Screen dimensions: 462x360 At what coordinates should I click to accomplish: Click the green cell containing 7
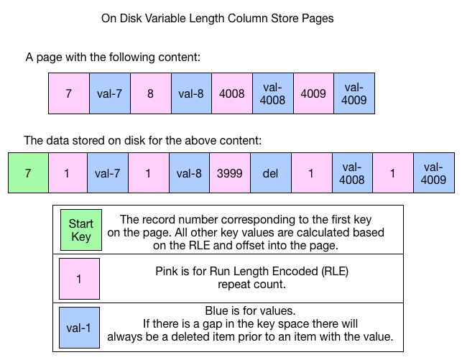(28, 172)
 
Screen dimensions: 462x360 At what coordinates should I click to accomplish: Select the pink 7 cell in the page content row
(68, 93)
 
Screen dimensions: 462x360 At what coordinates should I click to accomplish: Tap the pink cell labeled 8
(150, 93)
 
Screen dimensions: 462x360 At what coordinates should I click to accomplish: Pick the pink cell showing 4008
(231, 93)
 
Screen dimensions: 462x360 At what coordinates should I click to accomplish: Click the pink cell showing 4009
(313, 93)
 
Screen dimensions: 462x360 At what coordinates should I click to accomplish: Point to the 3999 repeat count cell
(228, 172)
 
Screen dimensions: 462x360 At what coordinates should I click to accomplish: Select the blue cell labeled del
(269, 172)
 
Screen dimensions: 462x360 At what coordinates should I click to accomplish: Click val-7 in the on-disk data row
(106, 172)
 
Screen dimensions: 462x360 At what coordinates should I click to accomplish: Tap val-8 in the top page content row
(191, 93)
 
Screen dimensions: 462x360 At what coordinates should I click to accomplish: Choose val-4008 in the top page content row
(272, 93)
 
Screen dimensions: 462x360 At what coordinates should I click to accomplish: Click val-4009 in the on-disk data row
(434, 172)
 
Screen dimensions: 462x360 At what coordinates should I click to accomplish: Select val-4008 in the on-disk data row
(351, 172)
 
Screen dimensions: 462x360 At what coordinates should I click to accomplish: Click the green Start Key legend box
(80, 231)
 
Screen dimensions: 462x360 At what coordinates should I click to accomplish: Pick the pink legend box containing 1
(80, 278)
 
